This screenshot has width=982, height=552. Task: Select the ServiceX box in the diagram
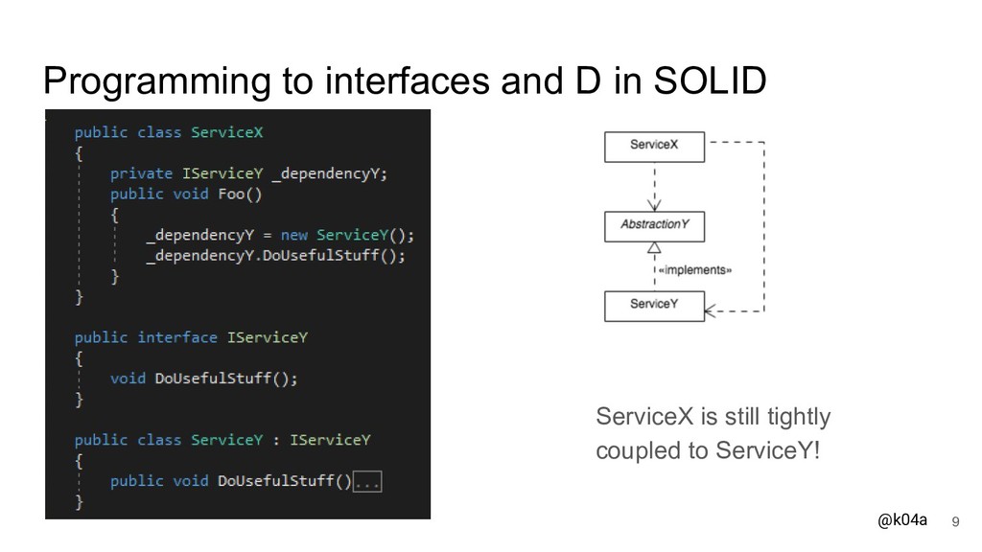click(x=654, y=145)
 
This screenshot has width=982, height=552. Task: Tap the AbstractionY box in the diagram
click(x=654, y=226)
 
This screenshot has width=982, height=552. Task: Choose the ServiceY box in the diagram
click(x=654, y=306)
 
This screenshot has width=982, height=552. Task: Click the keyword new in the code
click(x=293, y=235)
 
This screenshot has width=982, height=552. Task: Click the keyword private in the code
click(x=141, y=173)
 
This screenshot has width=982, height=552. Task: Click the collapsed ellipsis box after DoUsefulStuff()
click(x=368, y=481)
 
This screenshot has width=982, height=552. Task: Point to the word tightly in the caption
click(x=799, y=418)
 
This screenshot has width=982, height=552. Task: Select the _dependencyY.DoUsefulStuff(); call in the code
click(x=275, y=256)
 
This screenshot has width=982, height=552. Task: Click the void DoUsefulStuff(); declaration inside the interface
click(x=203, y=379)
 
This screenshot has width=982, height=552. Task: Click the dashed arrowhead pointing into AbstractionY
click(x=654, y=205)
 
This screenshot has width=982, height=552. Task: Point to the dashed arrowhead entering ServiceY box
click(x=711, y=310)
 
